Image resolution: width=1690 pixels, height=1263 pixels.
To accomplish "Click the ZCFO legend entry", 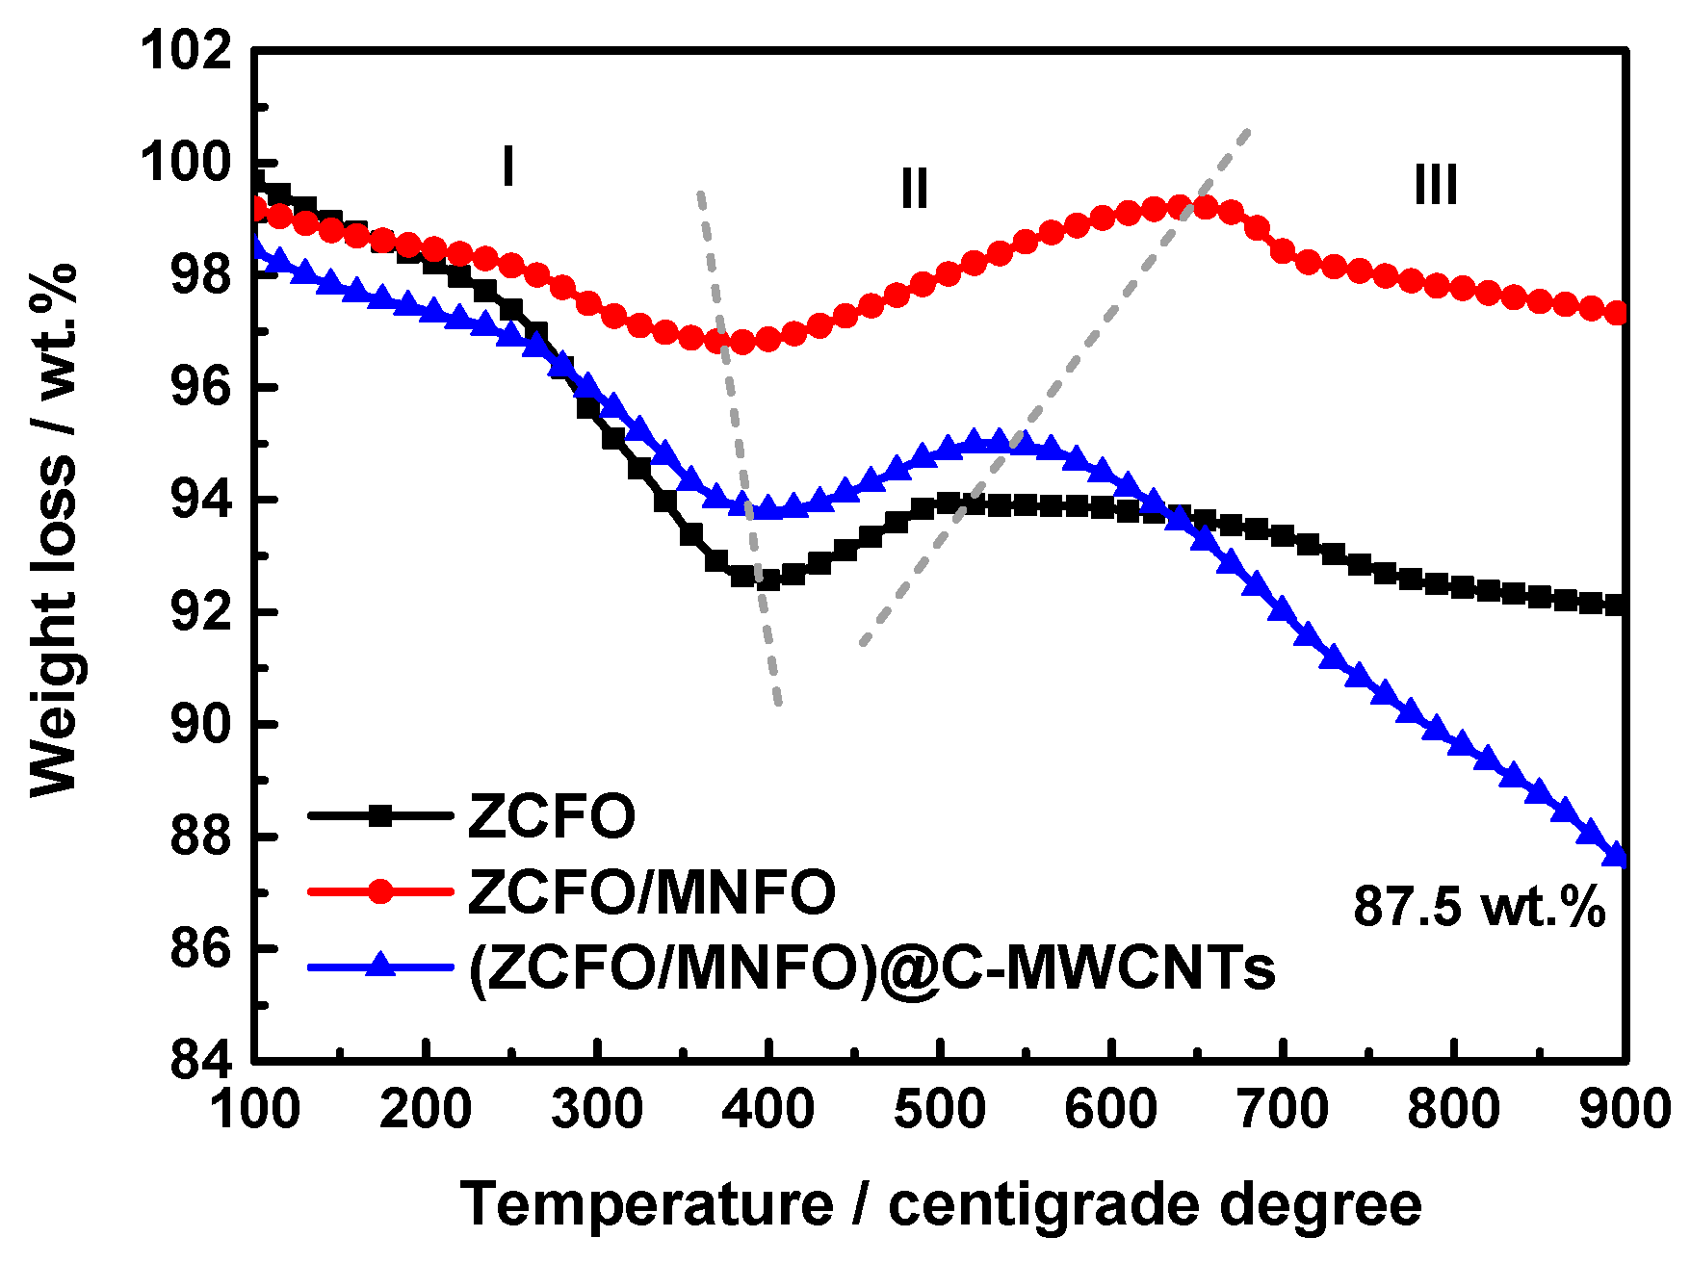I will pyautogui.click(x=551, y=816).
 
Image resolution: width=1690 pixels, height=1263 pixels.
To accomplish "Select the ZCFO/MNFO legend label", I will pyautogui.click(x=652, y=891).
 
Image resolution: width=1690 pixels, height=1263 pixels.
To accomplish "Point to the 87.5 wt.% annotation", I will pyautogui.click(x=1479, y=906).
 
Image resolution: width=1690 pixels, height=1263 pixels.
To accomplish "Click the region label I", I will pyautogui.click(x=507, y=167).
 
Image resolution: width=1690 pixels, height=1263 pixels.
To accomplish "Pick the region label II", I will pyautogui.click(x=914, y=188).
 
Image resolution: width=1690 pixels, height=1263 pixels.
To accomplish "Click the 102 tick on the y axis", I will pyautogui.click(x=187, y=50).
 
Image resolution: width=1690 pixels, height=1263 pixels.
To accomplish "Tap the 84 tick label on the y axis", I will pyautogui.click(x=201, y=1060).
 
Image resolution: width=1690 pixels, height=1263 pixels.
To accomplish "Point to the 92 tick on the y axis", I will pyautogui.click(x=201, y=612).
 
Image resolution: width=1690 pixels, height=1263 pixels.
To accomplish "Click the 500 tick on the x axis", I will pyautogui.click(x=939, y=1109).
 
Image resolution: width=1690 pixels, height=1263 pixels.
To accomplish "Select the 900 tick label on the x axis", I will pyautogui.click(x=1625, y=1109).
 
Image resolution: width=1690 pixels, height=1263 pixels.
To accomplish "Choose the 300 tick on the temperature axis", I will pyautogui.click(x=597, y=1109).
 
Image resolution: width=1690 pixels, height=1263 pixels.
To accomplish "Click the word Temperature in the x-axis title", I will pyautogui.click(x=646, y=1204).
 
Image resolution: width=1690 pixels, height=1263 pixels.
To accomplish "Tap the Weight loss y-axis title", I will pyautogui.click(x=53, y=529).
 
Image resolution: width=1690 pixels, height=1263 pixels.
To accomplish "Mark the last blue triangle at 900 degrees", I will pyautogui.click(x=1617, y=856).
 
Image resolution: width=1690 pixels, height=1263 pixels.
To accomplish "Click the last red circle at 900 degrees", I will pyautogui.click(x=1617, y=313).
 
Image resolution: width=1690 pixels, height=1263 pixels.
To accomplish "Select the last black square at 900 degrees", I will pyautogui.click(x=1617, y=605).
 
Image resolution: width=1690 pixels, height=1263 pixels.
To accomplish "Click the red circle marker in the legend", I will pyautogui.click(x=380, y=891).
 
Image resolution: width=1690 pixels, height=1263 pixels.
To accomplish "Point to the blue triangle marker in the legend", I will pyautogui.click(x=380, y=965).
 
